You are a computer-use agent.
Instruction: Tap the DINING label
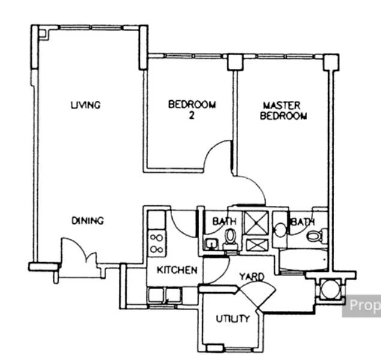tap(88, 220)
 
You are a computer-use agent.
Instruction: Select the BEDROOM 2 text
tap(191, 109)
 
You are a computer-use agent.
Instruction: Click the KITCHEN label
tap(176, 271)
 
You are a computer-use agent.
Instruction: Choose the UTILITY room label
tap(232, 319)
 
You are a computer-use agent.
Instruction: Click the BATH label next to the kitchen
tap(224, 222)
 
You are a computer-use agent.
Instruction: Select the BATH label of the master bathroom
tap(303, 223)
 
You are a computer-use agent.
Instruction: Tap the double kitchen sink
tap(164, 295)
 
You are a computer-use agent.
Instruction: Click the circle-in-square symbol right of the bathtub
tap(329, 289)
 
